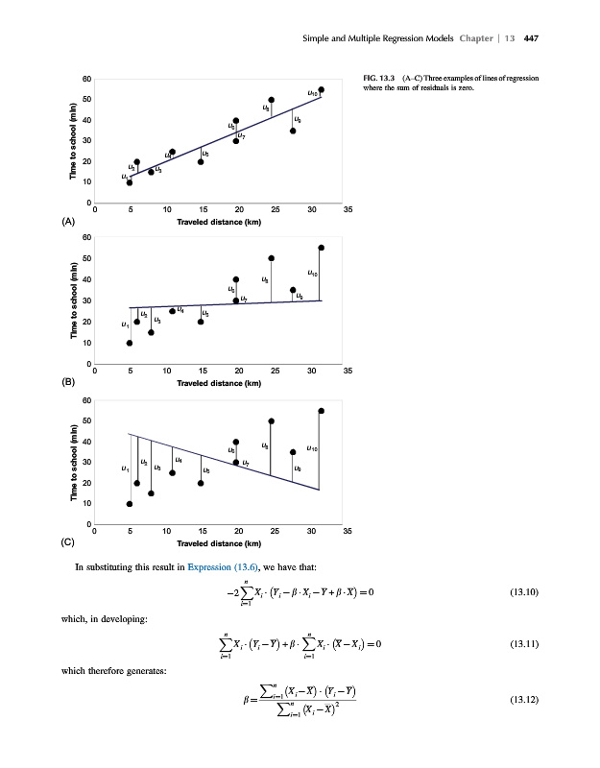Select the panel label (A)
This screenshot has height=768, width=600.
[67, 222]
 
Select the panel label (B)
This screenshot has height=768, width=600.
[67, 382]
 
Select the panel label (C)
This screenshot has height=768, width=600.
[67, 541]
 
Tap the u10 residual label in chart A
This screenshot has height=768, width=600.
[312, 93]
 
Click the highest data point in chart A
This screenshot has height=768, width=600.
[322, 89]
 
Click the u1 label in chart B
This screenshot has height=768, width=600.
[125, 324]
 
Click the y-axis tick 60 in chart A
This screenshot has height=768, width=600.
[87, 78]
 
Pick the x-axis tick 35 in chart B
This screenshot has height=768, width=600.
[348, 370]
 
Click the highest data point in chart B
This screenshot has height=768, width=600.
[322, 248]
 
